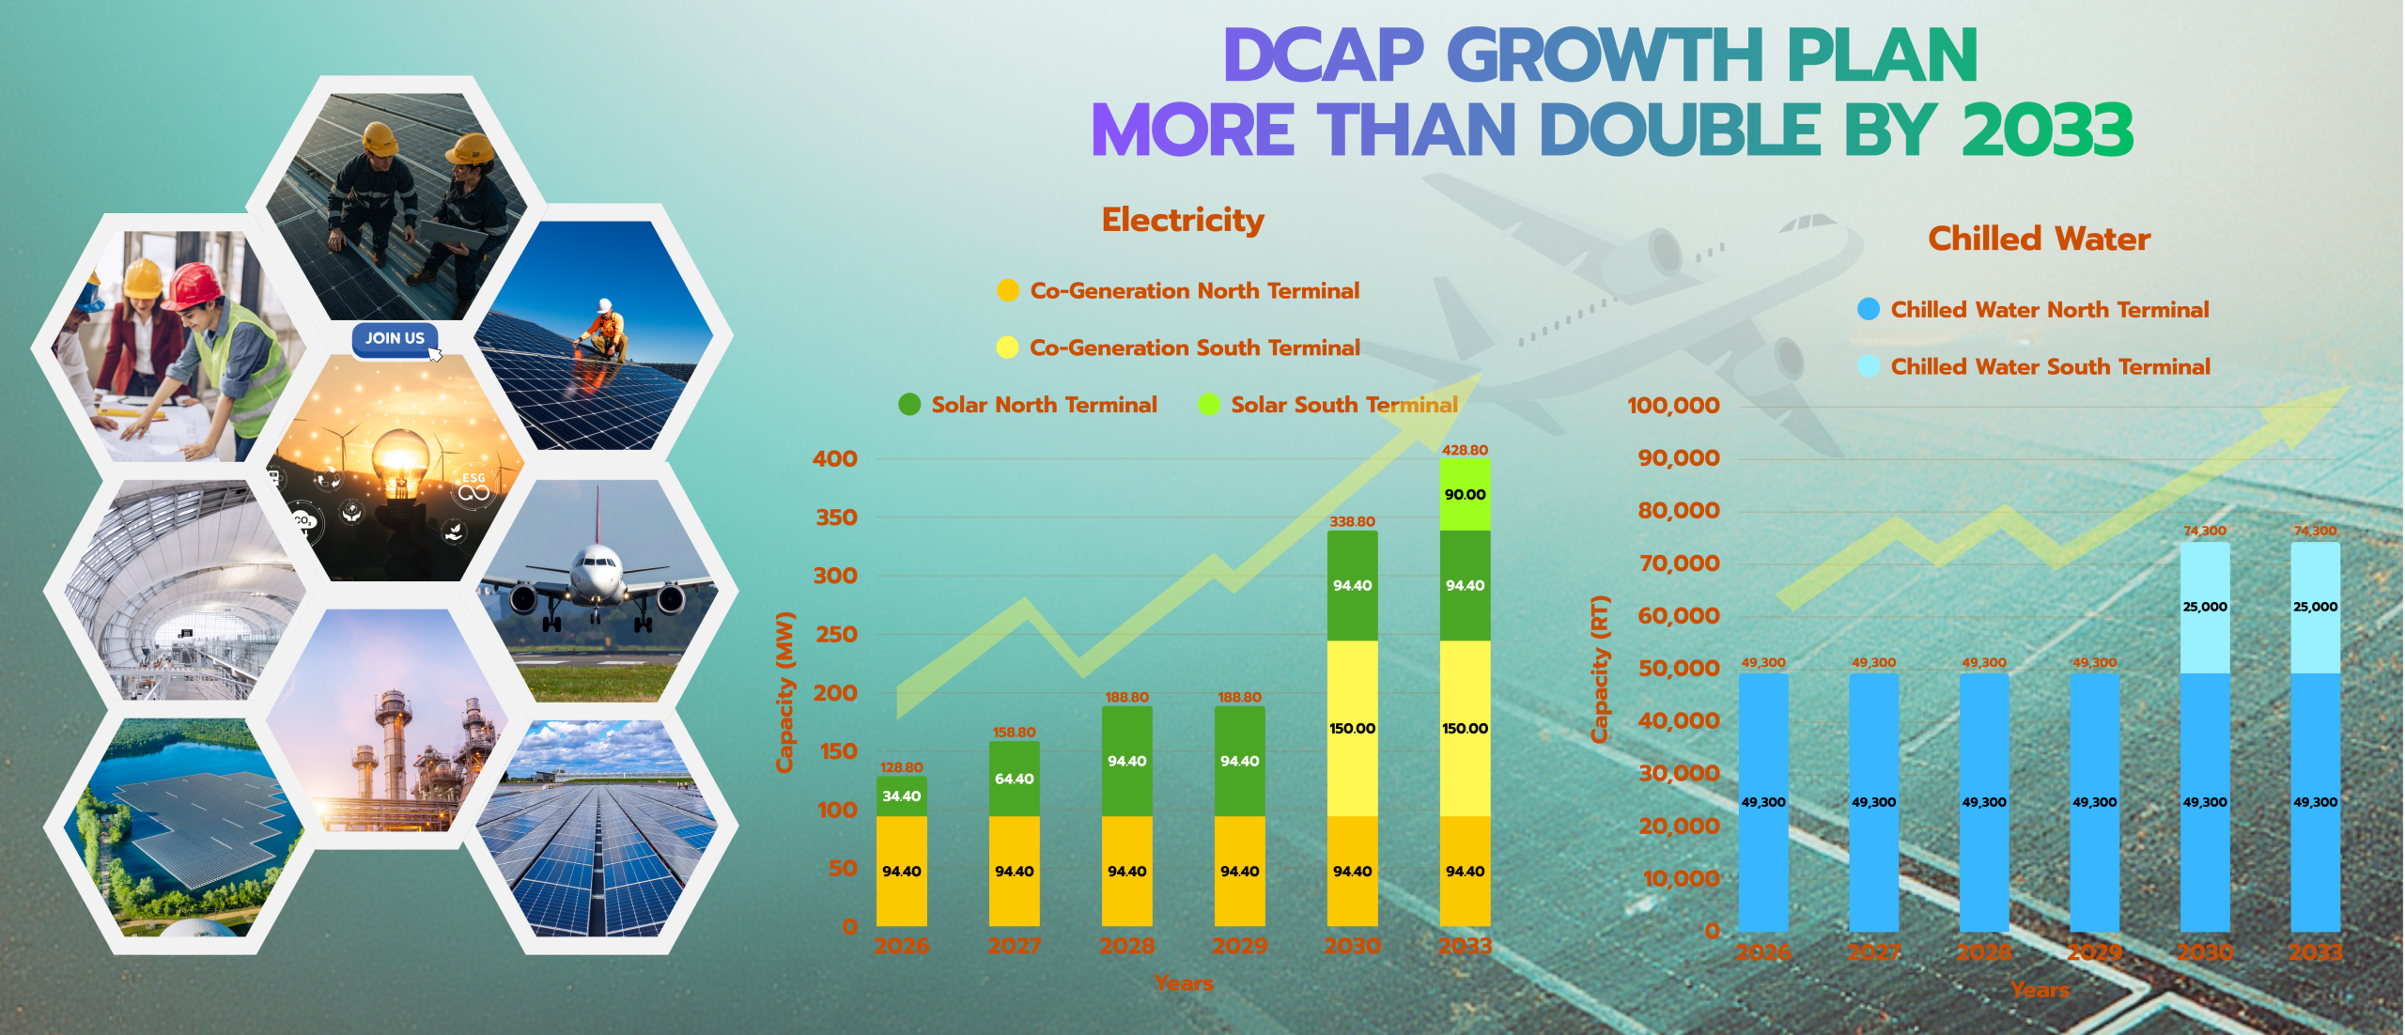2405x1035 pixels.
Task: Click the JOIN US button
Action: click(395, 338)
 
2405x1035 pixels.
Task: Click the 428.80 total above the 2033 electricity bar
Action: click(1465, 450)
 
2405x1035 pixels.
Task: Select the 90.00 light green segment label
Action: click(1465, 495)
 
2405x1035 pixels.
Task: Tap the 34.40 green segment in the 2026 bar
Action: click(901, 796)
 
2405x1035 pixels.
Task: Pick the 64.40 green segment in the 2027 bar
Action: click(1014, 779)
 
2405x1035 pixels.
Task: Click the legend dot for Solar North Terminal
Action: click(909, 405)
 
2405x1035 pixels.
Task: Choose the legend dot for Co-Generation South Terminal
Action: click(1007, 348)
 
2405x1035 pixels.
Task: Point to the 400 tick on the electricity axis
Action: click(834, 458)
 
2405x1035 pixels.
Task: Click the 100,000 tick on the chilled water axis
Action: click(1673, 406)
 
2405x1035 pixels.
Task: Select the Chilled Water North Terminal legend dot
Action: click(1869, 309)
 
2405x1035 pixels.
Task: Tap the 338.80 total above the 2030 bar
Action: click(1352, 521)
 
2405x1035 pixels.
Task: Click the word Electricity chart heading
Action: click(1183, 220)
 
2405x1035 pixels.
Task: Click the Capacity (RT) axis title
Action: click(1599, 669)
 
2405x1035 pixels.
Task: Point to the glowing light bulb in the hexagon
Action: click(400, 460)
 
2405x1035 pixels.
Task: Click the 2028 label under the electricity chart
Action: click(1126, 946)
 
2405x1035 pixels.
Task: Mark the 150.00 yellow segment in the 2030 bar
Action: click(1352, 728)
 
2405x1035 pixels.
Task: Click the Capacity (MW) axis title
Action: click(785, 692)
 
